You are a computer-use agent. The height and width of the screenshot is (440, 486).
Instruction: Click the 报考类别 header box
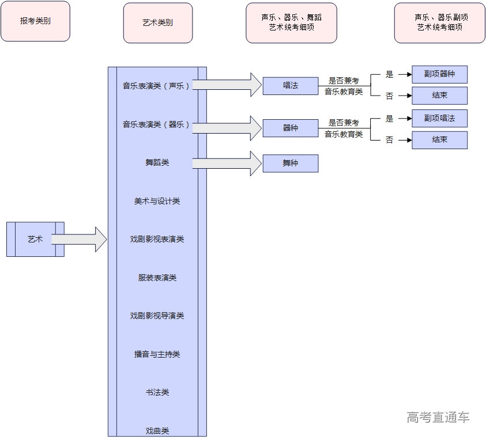(36, 21)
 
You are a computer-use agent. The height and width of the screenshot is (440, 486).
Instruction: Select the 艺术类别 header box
(157, 23)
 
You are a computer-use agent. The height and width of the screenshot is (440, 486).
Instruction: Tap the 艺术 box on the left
(35, 239)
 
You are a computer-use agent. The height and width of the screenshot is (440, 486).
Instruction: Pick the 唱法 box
(290, 86)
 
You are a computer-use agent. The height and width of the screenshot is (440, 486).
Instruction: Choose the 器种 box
(290, 128)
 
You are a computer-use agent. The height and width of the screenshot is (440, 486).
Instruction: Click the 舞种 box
(290, 163)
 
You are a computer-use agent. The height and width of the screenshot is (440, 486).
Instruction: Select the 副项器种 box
(439, 74)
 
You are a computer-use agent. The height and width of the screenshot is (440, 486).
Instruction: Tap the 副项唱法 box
(439, 118)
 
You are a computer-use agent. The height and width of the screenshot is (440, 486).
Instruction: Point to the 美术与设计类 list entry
(157, 201)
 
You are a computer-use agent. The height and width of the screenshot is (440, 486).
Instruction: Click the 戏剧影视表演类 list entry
(157, 239)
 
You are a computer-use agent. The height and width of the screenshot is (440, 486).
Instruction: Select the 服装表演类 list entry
(157, 278)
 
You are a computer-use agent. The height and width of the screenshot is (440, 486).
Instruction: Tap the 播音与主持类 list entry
(157, 354)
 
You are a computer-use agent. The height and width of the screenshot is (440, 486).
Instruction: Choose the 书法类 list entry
(157, 392)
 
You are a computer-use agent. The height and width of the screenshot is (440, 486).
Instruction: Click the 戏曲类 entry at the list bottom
(157, 430)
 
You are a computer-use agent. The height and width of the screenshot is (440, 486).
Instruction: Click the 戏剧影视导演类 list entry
(157, 316)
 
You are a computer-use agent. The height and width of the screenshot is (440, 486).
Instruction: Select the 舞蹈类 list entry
(157, 162)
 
